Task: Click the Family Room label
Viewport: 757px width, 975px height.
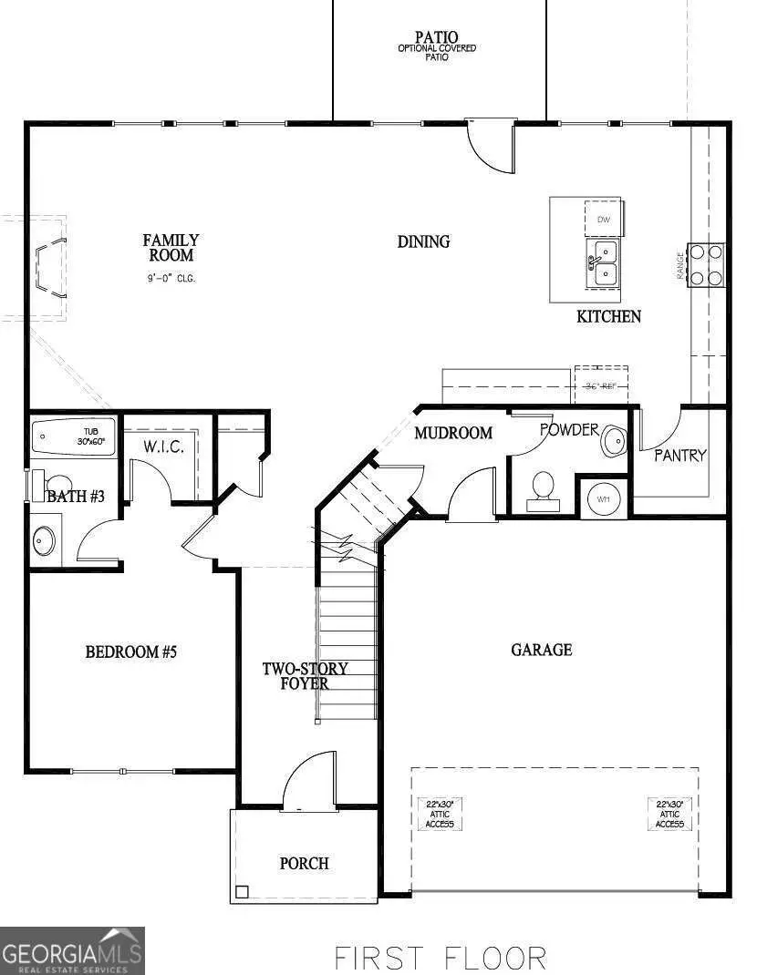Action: (171, 248)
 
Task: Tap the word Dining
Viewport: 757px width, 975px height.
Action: (423, 241)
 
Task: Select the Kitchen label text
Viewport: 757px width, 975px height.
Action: (608, 317)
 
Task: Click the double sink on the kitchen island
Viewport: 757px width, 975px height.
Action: (602, 262)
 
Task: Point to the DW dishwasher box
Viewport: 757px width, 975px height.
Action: (603, 220)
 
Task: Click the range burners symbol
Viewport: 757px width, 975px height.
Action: (706, 265)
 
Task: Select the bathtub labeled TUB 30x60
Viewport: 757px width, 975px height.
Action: (74, 436)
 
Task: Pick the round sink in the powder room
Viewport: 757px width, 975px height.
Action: (615, 442)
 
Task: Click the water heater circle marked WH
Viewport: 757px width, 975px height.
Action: (603, 498)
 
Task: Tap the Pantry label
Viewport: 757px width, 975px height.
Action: (679, 455)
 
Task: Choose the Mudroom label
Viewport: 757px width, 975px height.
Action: (453, 433)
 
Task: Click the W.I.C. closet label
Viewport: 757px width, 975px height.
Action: (163, 446)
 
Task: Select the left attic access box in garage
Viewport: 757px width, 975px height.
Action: (440, 814)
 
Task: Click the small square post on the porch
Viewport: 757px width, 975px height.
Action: (242, 892)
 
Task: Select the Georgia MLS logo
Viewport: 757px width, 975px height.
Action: (72, 950)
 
